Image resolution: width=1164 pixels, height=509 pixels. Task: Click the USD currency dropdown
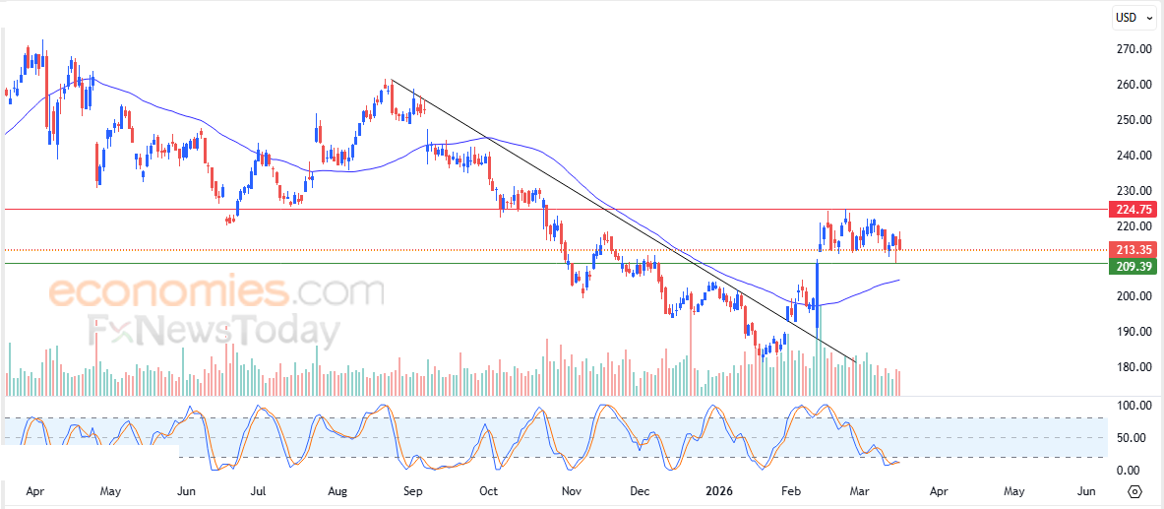tap(1133, 17)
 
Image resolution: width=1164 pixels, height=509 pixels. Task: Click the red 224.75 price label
tap(1133, 209)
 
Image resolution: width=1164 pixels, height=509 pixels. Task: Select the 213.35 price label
tap(1133, 249)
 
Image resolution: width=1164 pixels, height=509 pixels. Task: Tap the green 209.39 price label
tap(1133, 266)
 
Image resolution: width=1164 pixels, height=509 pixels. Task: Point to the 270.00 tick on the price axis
tap(1133, 49)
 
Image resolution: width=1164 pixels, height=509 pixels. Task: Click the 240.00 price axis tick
tap(1133, 156)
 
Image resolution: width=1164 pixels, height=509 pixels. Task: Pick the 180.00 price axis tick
tap(1133, 367)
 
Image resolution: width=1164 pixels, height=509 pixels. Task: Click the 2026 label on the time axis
tap(717, 489)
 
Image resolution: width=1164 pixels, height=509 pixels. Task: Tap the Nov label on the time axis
tap(569, 489)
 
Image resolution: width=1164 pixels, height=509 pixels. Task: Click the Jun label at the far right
tap(1086, 489)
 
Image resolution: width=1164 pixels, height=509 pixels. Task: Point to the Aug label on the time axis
tap(337, 489)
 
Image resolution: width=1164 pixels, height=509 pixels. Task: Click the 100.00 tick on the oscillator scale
tap(1132, 406)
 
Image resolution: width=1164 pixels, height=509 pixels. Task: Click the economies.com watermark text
tap(216, 292)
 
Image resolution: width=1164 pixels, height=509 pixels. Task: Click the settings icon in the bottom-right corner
tap(1134, 490)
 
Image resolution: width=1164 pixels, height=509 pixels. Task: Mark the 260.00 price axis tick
tap(1133, 85)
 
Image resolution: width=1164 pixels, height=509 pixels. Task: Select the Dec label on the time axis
tap(640, 489)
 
